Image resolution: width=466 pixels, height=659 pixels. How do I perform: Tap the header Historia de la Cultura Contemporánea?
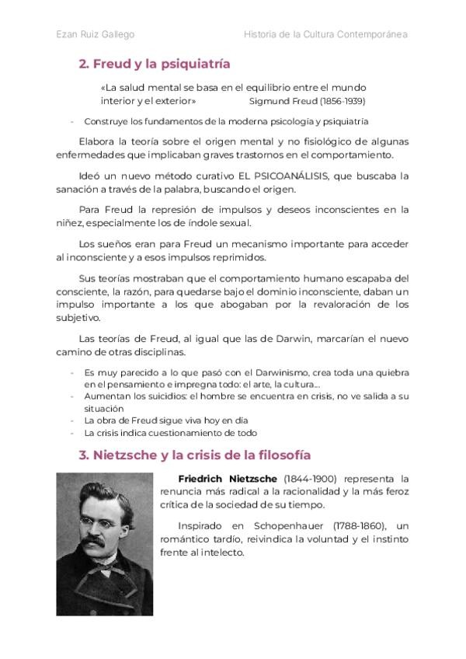[325, 34]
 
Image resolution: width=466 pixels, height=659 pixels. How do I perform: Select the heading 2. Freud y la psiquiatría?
[155, 64]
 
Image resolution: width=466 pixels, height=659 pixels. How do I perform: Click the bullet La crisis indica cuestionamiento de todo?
[170, 433]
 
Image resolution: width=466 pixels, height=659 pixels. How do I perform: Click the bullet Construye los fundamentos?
[225, 121]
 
